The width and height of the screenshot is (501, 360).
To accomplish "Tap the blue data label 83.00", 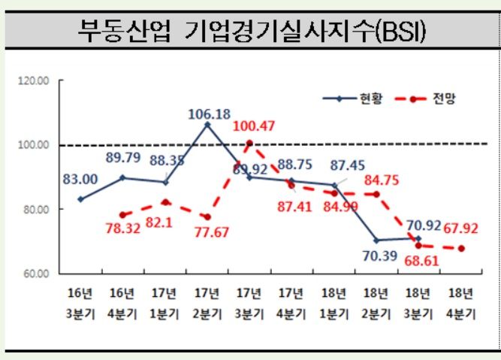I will (80, 179).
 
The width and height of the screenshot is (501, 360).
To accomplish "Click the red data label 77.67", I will (212, 234).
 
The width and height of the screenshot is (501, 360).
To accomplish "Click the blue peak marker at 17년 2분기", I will (207, 125).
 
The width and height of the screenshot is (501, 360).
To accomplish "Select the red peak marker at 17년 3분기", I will (249, 143).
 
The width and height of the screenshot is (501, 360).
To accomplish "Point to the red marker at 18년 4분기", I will (460, 249).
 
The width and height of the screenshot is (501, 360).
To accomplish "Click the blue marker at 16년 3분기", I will (80, 199).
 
